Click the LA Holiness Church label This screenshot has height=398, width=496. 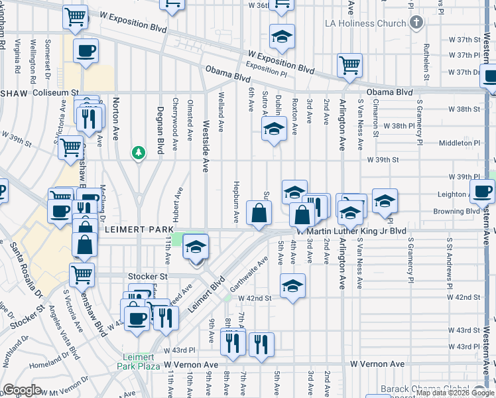click(365, 24)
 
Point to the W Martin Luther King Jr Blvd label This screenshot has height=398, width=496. click(351, 231)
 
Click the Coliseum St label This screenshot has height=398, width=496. click(56, 94)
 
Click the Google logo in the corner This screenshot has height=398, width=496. click(22, 390)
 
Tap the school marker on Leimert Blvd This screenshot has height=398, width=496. click(196, 247)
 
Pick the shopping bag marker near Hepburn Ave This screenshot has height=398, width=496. click(259, 214)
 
